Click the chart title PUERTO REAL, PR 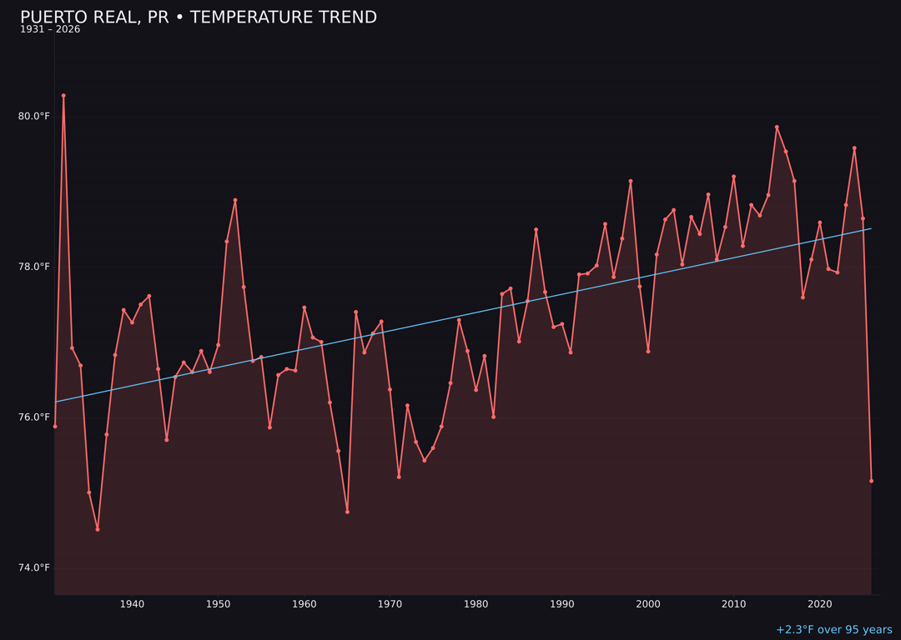pyautogui.click(x=198, y=17)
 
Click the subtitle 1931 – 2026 pyautogui.click(x=50, y=30)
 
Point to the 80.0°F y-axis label pyautogui.click(x=34, y=116)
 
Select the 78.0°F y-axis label pyautogui.click(x=34, y=267)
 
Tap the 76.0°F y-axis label pyautogui.click(x=34, y=417)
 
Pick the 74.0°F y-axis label pyautogui.click(x=34, y=567)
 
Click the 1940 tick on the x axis pyautogui.click(x=132, y=604)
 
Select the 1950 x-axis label pyautogui.click(x=218, y=604)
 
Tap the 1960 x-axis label pyautogui.click(x=304, y=604)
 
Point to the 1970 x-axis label pyautogui.click(x=390, y=604)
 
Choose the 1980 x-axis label pyautogui.click(x=476, y=604)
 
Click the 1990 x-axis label pyautogui.click(x=561, y=604)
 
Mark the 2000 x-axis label pyautogui.click(x=647, y=604)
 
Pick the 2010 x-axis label pyautogui.click(x=733, y=604)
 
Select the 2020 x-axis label pyautogui.click(x=819, y=604)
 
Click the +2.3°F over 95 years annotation pyautogui.click(x=833, y=630)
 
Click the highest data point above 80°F pyautogui.click(x=63, y=96)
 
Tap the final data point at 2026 pyautogui.click(x=871, y=481)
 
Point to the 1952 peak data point pyautogui.click(x=235, y=200)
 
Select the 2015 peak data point pyautogui.click(x=777, y=127)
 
